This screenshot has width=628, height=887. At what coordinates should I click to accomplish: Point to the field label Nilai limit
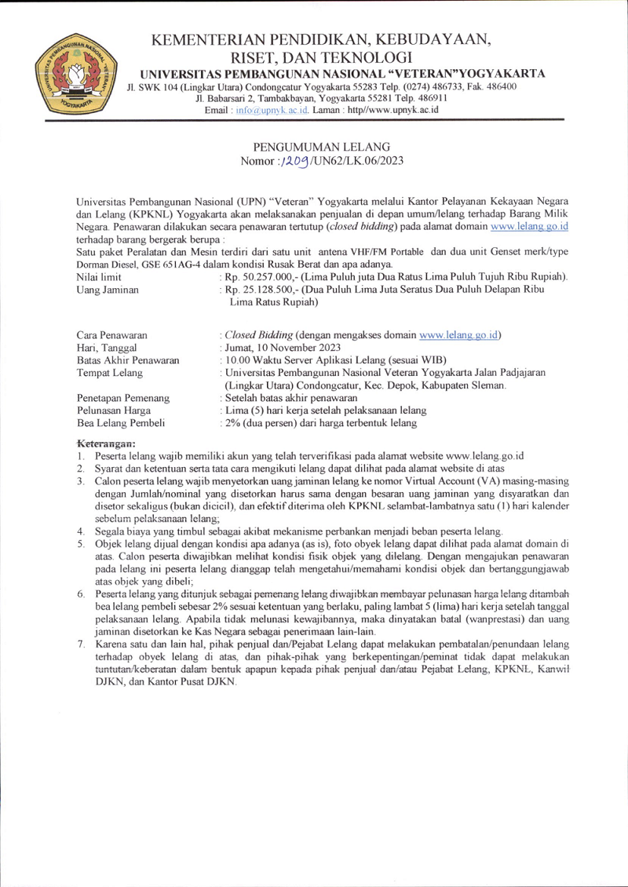pos(98,277)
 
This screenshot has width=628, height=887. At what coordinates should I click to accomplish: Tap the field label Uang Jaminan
pos(107,290)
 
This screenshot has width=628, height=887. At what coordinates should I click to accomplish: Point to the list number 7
pos(80,644)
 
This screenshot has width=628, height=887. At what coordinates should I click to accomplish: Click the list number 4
pos(80,531)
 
